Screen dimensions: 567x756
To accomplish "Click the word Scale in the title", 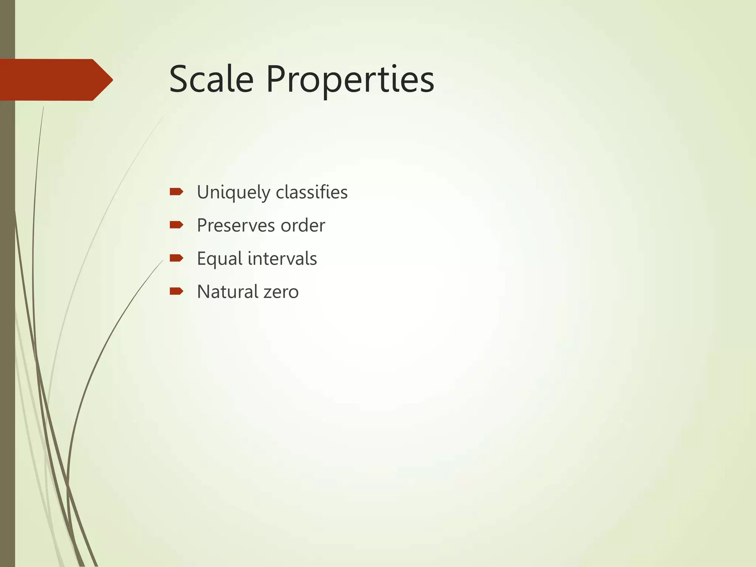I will pos(211,79).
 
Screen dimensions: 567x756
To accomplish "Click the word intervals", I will pos(282,258).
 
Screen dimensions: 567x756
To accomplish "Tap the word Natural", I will pos(227,292).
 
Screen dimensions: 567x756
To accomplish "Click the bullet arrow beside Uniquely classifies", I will pos(176,192).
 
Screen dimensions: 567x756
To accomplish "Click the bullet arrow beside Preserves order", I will pos(176,225).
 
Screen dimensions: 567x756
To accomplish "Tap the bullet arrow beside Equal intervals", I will pos(176,258).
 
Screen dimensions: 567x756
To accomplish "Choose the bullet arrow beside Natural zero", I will pos(176,292).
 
